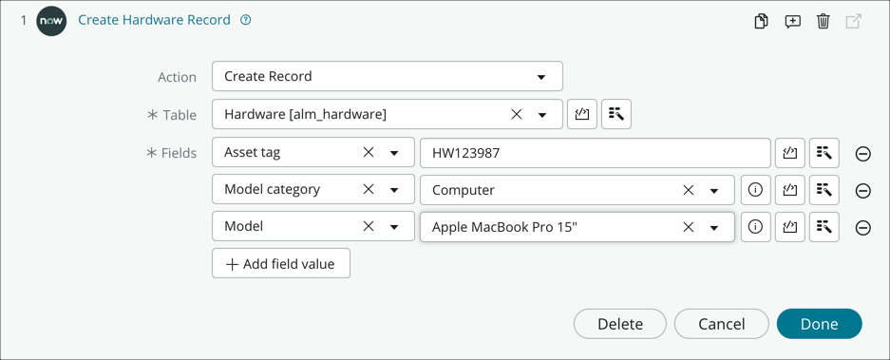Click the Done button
(x=819, y=324)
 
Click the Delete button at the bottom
(x=620, y=324)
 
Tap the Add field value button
(x=281, y=264)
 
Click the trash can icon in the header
(x=824, y=21)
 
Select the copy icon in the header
(x=761, y=21)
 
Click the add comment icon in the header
(x=792, y=21)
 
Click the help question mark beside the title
(x=246, y=20)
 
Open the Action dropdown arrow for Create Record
(x=541, y=77)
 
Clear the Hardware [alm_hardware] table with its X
(x=517, y=115)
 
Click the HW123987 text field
(x=595, y=153)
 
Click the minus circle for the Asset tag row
(x=863, y=154)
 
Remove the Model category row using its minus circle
(x=863, y=191)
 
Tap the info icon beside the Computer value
(x=755, y=190)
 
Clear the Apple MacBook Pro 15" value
(x=689, y=228)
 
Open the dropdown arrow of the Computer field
(x=714, y=191)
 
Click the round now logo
(x=51, y=20)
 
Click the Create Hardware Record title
(x=154, y=20)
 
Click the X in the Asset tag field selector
(x=369, y=153)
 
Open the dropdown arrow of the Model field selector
(x=394, y=228)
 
